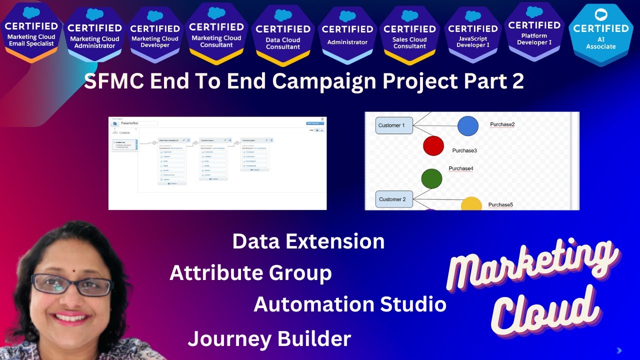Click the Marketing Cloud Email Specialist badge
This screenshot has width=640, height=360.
pyautogui.click(x=31, y=33)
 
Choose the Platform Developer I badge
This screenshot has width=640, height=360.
pyautogui.click(x=534, y=32)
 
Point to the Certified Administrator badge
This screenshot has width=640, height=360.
pyautogui.click(x=347, y=35)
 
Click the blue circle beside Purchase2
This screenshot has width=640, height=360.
pyautogui.click(x=468, y=125)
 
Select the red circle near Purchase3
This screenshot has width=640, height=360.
pyautogui.click(x=433, y=145)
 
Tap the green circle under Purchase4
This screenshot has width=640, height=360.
pyautogui.click(x=431, y=178)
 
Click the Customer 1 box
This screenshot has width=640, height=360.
pyautogui.click(x=394, y=125)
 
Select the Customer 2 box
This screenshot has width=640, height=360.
pyautogui.click(x=394, y=199)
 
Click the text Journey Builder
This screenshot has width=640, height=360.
pyautogui.click(x=269, y=339)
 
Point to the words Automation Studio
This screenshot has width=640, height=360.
pyautogui.click(x=350, y=304)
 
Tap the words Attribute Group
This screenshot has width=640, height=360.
pyautogui.click(x=250, y=273)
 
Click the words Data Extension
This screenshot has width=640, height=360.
pyautogui.click(x=308, y=241)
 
